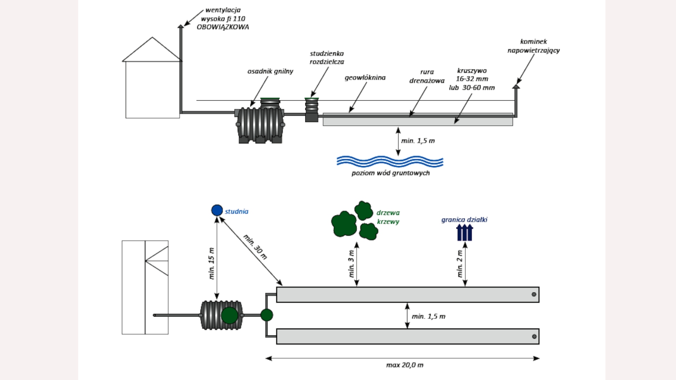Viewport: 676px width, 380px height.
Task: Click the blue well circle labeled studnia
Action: click(x=217, y=210)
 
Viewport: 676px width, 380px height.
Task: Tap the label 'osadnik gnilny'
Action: click(x=270, y=71)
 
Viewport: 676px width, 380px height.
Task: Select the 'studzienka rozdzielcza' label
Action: click(x=327, y=58)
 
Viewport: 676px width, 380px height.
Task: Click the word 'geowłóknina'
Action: click(x=365, y=78)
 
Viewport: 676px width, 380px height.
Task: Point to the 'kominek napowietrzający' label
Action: click(x=533, y=46)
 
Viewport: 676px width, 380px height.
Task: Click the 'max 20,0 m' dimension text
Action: click(x=405, y=365)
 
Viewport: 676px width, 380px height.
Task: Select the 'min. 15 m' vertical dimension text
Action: click(x=211, y=264)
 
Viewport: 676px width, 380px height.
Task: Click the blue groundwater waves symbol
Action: click(x=390, y=161)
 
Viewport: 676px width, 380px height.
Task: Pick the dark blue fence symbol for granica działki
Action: click(x=464, y=233)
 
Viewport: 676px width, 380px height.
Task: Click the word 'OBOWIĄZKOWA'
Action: click(x=223, y=27)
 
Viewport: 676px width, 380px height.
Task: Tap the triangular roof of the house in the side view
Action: click(x=152, y=49)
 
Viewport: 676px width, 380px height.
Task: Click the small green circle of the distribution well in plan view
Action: click(x=267, y=315)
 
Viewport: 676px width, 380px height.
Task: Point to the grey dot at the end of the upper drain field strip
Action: click(x=534, y=294)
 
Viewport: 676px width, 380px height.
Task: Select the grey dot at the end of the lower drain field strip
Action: click(x=534, y=337)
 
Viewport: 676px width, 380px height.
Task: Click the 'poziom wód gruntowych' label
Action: click(x=390, y=173)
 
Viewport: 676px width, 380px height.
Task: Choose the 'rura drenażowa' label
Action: click(x=427, y=76)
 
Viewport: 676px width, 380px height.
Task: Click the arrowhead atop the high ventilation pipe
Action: click(x=181, y=26)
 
